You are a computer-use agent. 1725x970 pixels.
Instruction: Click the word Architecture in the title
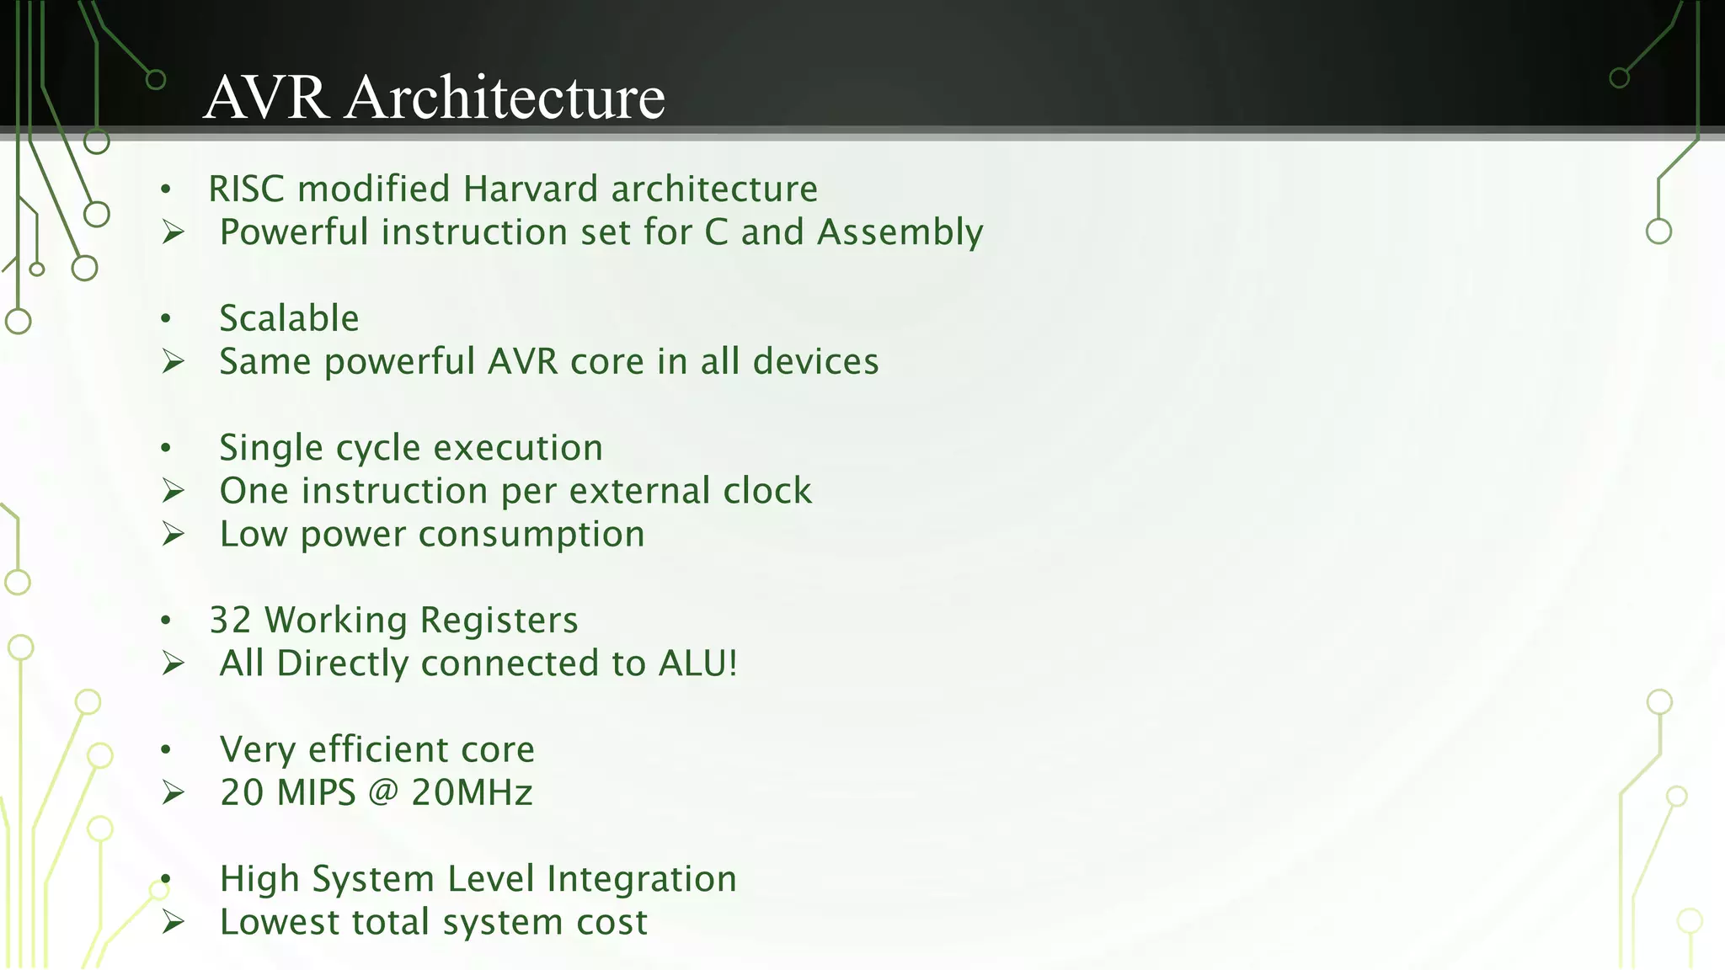click(x=505, y=98)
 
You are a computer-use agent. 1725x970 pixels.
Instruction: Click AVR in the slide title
click(x=265, y=98)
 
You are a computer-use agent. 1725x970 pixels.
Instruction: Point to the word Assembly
click(x=900, y=233)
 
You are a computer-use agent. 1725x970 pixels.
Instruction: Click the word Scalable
click(x=289, y=318)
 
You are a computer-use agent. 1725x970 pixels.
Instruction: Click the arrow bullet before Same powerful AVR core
click(x=174, y=362)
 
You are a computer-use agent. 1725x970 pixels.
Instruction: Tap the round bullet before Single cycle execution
click(x=166, y=448)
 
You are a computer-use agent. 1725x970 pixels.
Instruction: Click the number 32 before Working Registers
click(x=230, y=621)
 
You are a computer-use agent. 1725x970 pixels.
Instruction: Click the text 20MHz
click(x=472, y=792)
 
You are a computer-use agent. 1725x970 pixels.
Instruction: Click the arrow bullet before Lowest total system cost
click(x=174, y=922)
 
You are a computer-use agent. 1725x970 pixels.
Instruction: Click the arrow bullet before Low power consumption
click(x=174, y=534)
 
